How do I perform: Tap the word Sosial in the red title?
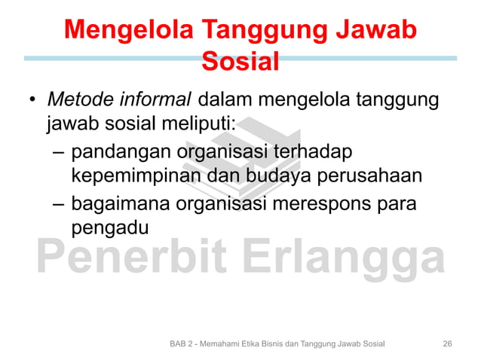click(x=240, y=61)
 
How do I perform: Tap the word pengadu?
click(x=105, y=227)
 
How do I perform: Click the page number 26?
click(x=447, y=343)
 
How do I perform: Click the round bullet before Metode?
click(x=32, y=101)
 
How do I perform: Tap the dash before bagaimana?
click(x=58, y=204)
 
